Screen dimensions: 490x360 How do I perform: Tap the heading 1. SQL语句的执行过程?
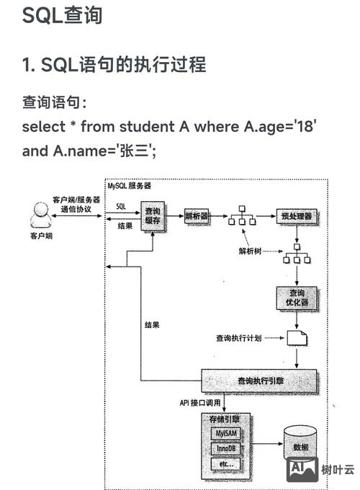coord(114,65)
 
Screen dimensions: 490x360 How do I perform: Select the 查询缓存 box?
coord(153,215)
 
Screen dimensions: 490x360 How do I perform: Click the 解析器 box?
coord(197,215)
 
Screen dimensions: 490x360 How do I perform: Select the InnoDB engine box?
coord(224,449)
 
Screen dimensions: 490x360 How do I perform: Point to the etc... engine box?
coord(224,465)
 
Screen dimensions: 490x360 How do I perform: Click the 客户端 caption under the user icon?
coord(40,236)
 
